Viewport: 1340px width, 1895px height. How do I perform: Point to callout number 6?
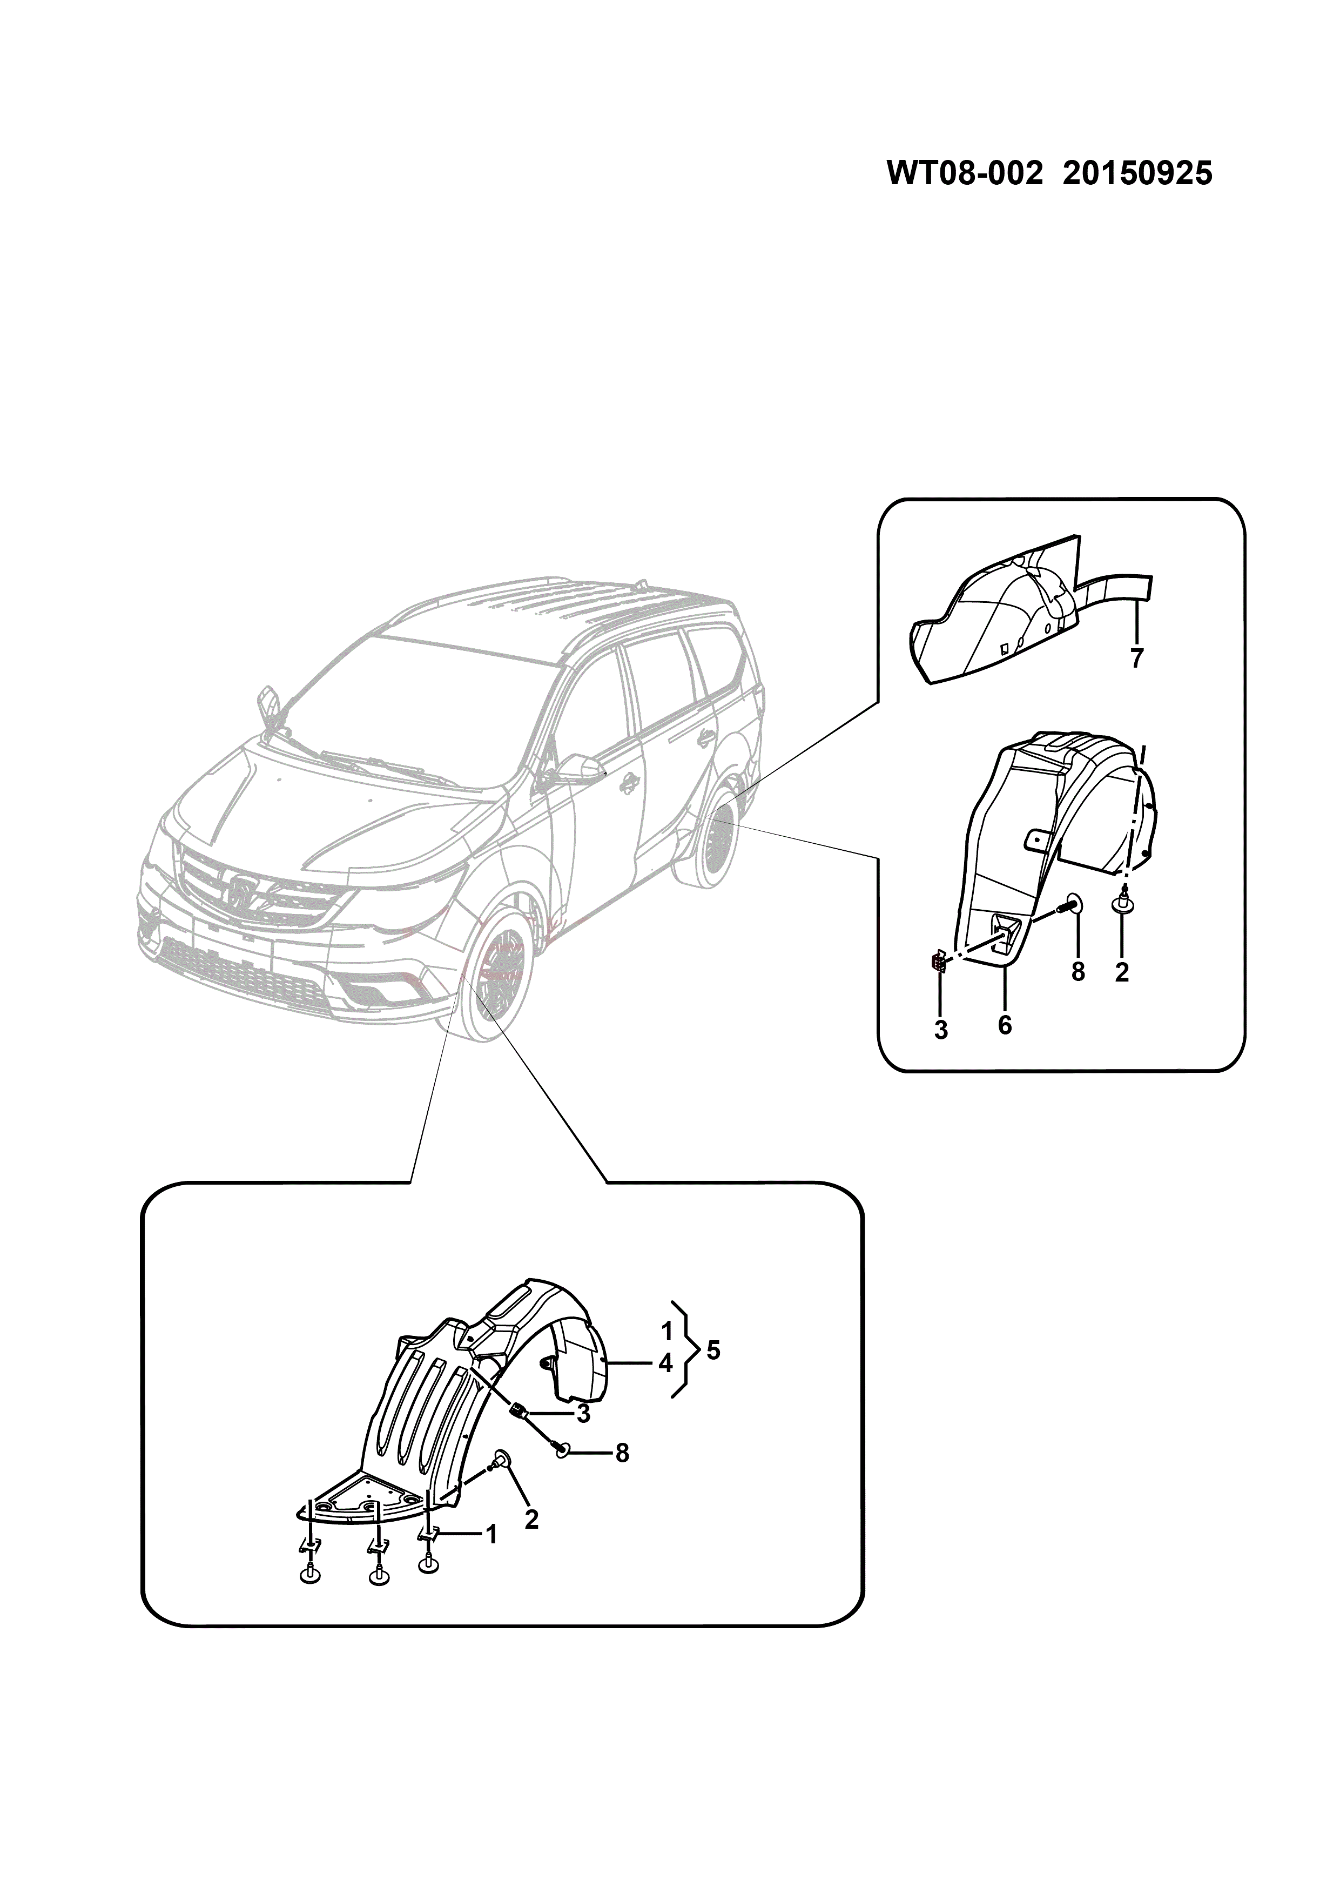(1004, 1025)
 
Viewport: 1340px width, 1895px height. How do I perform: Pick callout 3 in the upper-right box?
(941, 1030)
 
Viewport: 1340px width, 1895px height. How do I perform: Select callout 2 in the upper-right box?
(1121, 972)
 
